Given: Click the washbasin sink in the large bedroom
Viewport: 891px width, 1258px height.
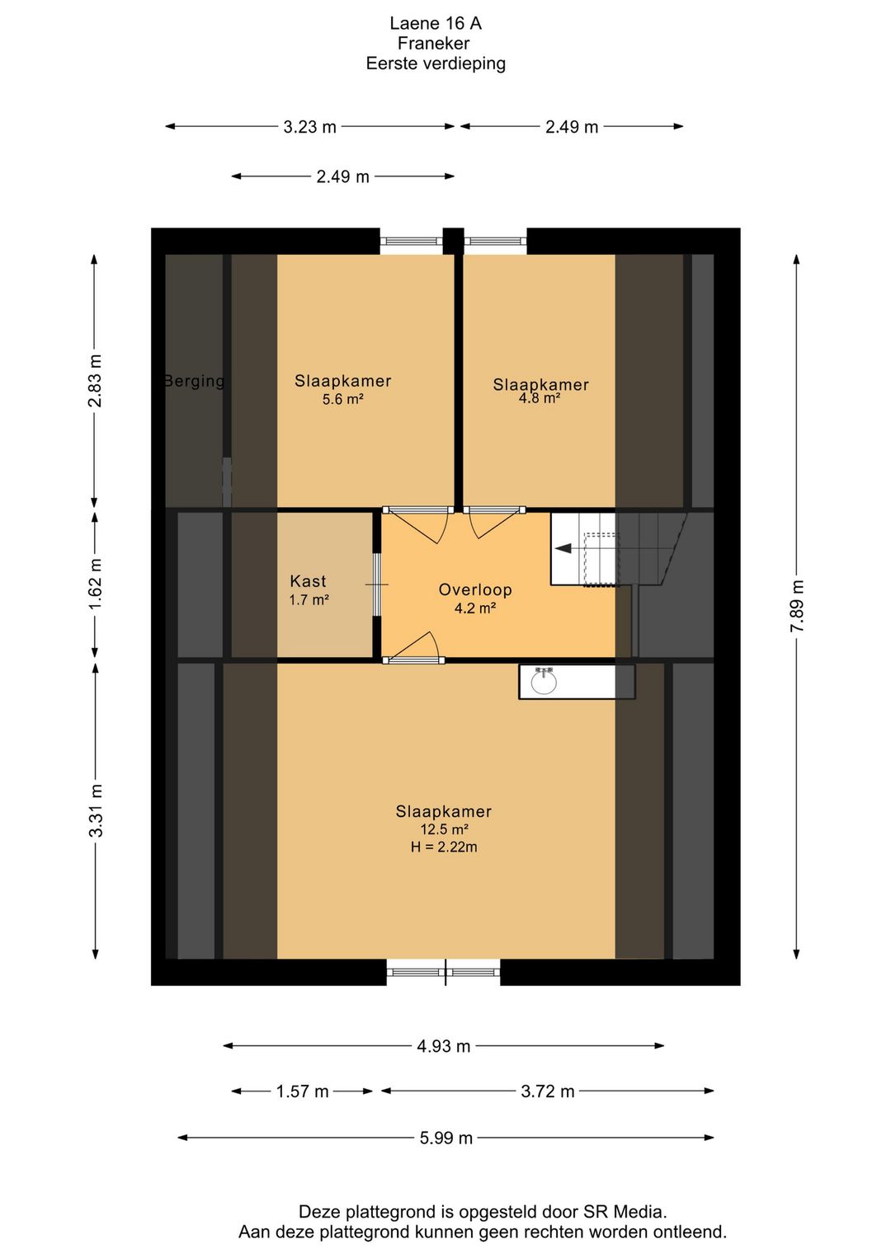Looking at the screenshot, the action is [x=544, y=682].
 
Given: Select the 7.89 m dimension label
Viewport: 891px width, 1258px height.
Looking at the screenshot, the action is [x=797, y=606].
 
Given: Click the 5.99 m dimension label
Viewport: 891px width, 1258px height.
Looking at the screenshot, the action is [x=445, y=1138].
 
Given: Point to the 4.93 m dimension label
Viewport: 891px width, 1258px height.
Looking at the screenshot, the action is [x=444, y=1046].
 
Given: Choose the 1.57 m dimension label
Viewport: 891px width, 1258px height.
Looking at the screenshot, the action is [x=302, y=1091].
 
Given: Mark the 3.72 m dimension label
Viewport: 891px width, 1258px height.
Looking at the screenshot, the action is [x=548, y=1091].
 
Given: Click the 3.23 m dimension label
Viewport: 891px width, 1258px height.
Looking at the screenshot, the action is [x=309, y=127].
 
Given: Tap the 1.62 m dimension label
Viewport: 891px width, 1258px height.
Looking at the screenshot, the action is [x=96, y=584].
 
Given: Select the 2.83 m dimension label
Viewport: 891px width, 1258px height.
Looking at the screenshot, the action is [x=96, y=380].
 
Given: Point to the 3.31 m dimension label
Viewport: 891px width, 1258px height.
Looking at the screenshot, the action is [x=96, y=811].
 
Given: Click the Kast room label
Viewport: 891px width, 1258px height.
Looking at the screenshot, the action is [x=308, y=580].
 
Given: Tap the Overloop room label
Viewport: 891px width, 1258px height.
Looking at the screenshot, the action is [x=475, y=589].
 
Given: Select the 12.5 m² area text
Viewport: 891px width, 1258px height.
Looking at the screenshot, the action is [x=444, y=829].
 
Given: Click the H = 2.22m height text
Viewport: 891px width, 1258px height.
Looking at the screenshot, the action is [x=444, y=847].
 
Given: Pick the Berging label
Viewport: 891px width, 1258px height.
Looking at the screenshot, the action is [x=194, y=381].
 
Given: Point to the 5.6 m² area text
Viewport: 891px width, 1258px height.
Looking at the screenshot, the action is [x=342, y=399].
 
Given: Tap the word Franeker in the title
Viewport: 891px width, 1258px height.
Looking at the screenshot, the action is [x=433, y=43].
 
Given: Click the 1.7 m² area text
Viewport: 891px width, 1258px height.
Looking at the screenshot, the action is [x=309, y=600].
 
